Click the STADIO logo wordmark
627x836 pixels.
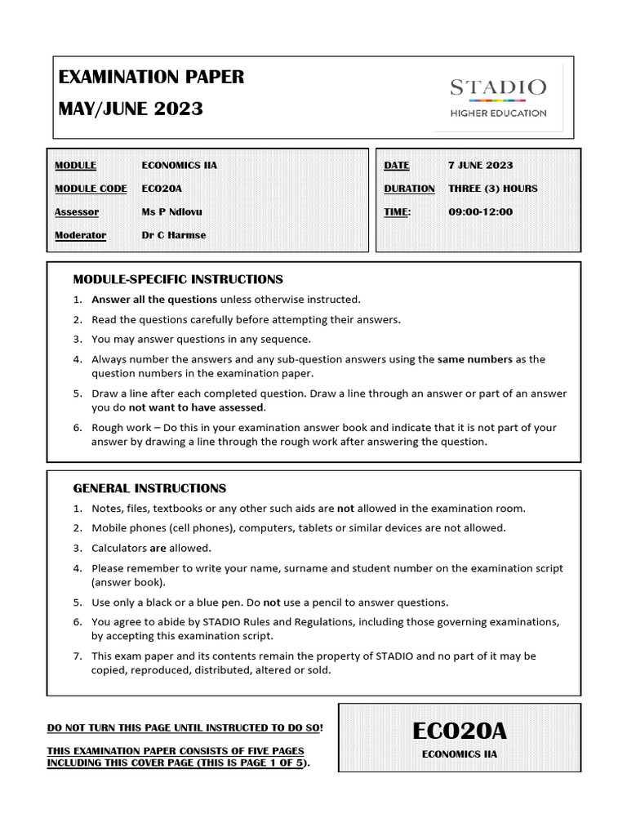click(499, 87)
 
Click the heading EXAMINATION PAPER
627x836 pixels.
click(151, 78)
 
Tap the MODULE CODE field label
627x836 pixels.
click(91, 189)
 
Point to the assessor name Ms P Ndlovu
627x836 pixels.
click(172, 212)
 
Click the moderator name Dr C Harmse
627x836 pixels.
click(174, 235)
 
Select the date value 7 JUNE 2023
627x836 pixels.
click(481, 165)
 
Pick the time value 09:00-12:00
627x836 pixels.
click(481, 212)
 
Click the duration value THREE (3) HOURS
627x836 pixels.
click(493, 189)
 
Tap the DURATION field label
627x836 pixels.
click(409, 189)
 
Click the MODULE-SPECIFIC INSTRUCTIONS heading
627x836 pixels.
click(178, 279)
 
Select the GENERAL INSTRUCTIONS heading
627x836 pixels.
click(149, 488)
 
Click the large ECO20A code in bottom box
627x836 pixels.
click(459, 729)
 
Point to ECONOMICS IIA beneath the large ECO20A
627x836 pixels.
click(459, 754)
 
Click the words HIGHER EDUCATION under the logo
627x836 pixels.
click(499, 113)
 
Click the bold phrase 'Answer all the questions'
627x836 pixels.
click(154, 300)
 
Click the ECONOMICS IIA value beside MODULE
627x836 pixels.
click(180, 165)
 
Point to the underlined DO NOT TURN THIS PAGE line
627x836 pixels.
click(185, 727)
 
